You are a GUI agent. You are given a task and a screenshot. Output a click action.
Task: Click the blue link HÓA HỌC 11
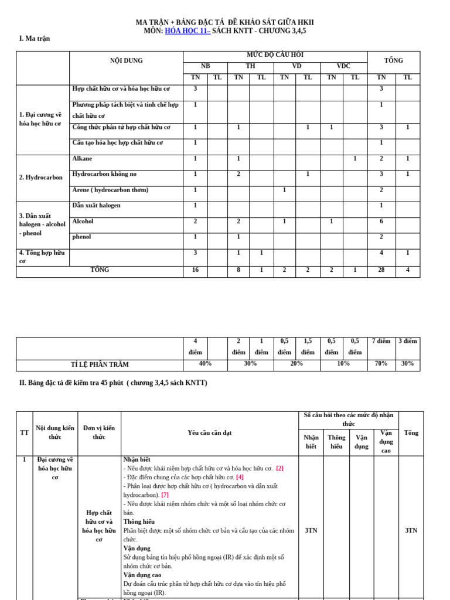click(x=187, y=30)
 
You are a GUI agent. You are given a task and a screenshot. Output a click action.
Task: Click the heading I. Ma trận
click(x=35, y=39)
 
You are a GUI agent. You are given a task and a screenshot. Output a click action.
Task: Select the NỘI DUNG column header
click(x=126, y=60)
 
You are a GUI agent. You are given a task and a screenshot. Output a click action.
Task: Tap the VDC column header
click(x=343, y=66)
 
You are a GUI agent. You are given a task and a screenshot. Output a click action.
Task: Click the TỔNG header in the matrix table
click(x=393, y=60)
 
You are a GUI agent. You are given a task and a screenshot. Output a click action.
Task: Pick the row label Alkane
click(x=82, y=159)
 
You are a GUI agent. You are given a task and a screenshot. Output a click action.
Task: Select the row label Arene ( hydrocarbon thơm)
click(x=110, y=190)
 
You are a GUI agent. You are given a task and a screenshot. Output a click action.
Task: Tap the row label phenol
click(x=82, y=237)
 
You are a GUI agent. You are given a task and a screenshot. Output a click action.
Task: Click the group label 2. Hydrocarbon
click(x=40, y=177)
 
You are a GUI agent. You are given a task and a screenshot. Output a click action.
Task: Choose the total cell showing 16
click(x=195, y=270)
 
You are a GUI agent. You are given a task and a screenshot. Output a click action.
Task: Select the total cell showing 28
click(x=381, y=270)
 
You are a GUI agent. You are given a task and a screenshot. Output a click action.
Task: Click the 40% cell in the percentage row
click(x=205, y=363)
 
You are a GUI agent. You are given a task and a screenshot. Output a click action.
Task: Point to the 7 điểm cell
click(x=381, y=341)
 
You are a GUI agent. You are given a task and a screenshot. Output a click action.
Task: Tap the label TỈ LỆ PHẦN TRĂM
click(x=100, y=364)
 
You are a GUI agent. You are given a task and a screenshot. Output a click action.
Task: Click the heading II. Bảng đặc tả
click(x=114, y=383)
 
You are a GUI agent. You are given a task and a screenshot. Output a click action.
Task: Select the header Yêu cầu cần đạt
click(x=209, y=432)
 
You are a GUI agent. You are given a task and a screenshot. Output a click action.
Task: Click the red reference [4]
click(x=240, y=477)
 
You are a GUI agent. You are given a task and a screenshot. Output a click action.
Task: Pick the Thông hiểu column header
click(x=336, y=442)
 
